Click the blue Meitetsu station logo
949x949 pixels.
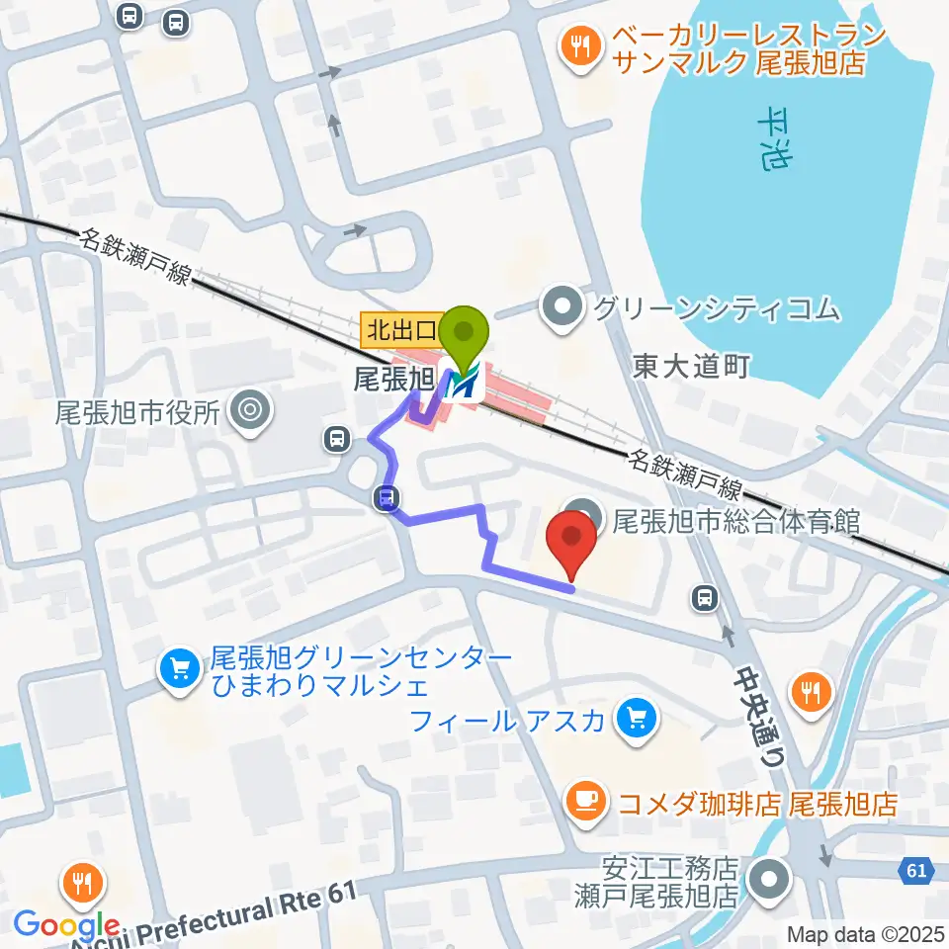(x=464, y=384)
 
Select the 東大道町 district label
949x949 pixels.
(x=692, y=367)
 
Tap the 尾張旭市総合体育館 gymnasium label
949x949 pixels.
(x=736, y=520)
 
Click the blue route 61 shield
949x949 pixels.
(x=914, y=871)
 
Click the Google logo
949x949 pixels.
(x=67, y=925)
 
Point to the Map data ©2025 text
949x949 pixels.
(x=865, y=933)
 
